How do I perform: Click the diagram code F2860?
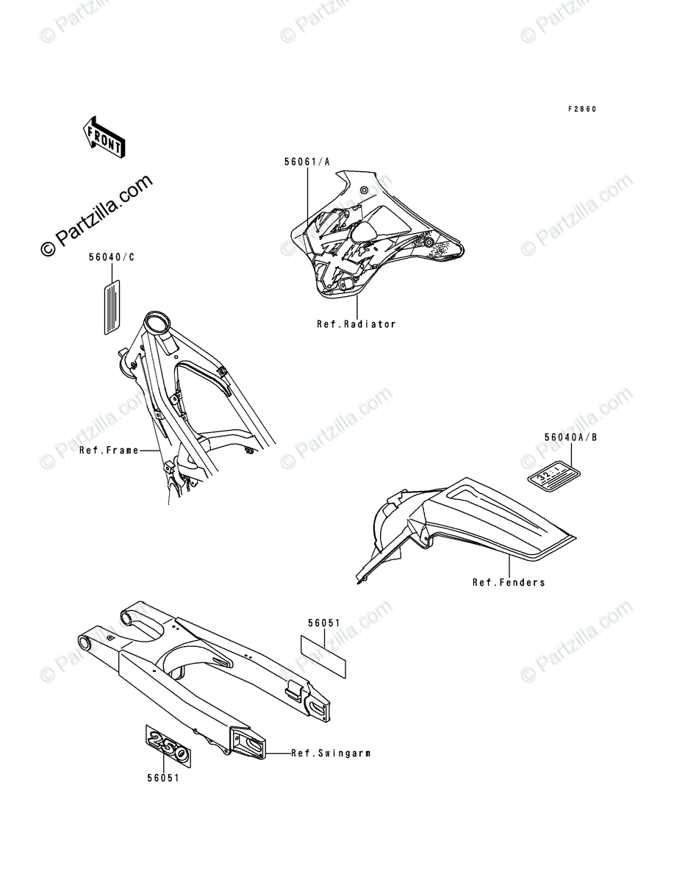581,110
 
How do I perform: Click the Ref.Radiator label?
356,324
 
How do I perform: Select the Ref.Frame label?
108,450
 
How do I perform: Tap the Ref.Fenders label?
509,582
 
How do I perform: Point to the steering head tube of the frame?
157,323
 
